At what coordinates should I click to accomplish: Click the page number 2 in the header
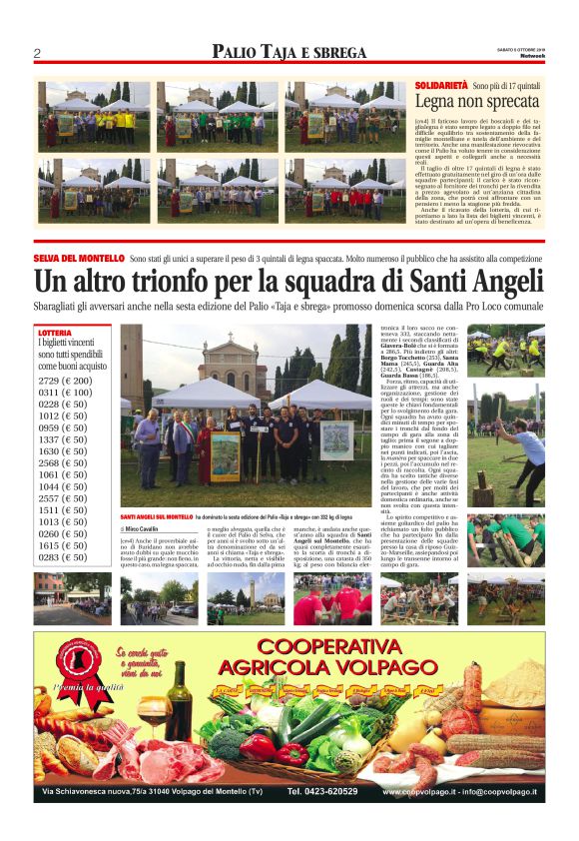point(37,53)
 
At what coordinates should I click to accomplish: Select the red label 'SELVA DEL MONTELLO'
point(80,259)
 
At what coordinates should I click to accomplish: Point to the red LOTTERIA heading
point(56,332)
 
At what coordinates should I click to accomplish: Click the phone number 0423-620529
point(322,791)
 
